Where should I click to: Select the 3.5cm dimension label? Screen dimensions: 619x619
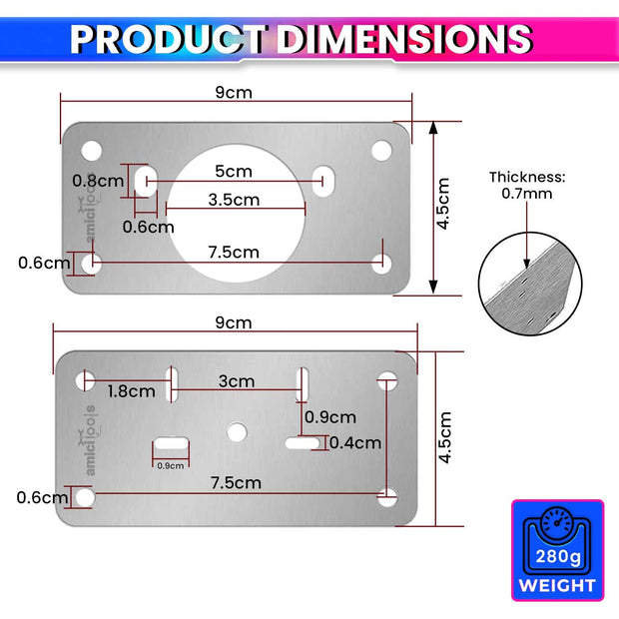pyautogui.click(x=234, y=200)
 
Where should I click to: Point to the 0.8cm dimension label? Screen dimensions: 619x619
pyautogui.click(x=97, y=181)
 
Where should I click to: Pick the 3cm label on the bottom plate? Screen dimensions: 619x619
pyautogui.click(x=237, y=381)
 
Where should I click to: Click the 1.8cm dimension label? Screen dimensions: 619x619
pyautogui.click(x=131, y=391)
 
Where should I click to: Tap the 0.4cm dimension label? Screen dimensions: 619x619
pyautogui.click(x=354, y=442)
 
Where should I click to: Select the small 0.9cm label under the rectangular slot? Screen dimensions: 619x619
pyautogui.click(x=171, y=465)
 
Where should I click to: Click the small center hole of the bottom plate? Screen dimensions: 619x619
pyautogui.click(x=236, y=431)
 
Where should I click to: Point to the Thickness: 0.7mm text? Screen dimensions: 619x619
pyautogui.click(x=527, y=185)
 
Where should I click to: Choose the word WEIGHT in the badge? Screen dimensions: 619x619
pyautogui.click(x=558, y=586)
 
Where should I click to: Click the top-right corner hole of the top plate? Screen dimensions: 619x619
pyautogui.click(x=381, y=150)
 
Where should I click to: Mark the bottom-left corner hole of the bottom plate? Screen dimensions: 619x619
pyautogui.click(x=86, y=496)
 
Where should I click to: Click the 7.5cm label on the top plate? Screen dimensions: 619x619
pyautogui.click(x=234, y=253)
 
